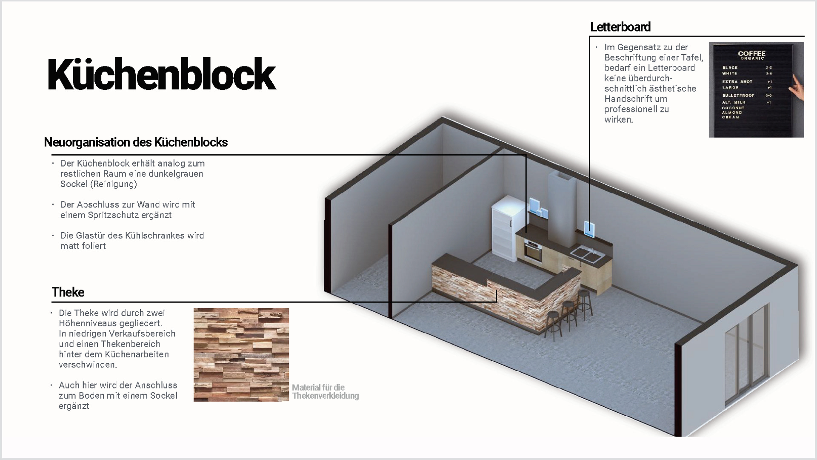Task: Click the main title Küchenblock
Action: pyautogui.click(x=162, y=75)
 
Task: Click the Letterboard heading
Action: pyautogui.click(x=620, y=27)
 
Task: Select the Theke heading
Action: pyautogui.click(x=68, y=292)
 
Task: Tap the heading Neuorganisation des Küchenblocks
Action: pyautogui.click(x=136, y=142)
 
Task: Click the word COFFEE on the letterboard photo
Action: pyautogui.click(x=751, y=54)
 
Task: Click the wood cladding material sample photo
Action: pyautogui.click(x=241, y=354)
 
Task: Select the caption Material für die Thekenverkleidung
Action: pyautogui.click(x=325, y=391)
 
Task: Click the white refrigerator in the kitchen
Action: pyautogui.click(x=504, y=230)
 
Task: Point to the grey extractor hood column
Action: pyautogui.click(x=562, y=209)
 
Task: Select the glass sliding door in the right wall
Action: pyautogui.click(x=747, y=356)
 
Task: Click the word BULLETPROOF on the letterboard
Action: pyautogui.click(x=738, y=95)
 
